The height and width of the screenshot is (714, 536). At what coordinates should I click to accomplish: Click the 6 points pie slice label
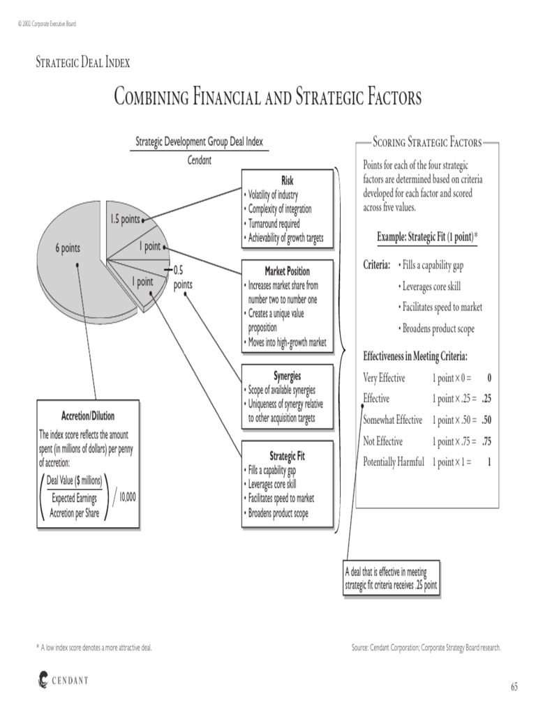[x=68, y=248]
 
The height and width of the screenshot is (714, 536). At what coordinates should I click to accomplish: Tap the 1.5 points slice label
[x=125, y=219]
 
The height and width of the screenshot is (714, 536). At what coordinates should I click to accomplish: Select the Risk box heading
[x=287, y=181]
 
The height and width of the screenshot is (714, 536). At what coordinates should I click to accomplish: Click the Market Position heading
[x=287, y=271]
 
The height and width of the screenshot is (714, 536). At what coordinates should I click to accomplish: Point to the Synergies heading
[x=287, y=376]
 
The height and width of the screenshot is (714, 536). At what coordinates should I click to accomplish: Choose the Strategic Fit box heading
[x=287, y=456]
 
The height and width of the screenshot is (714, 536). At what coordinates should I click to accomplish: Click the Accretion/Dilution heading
[x=88, y=416]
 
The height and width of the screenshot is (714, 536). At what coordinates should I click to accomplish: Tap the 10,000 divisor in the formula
[x=127, y=496]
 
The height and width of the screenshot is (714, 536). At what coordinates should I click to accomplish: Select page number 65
[x=514, y=687]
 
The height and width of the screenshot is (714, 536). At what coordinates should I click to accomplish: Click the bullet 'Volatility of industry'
[x=273, y=195]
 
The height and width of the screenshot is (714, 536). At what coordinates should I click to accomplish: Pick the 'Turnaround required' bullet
[x=274, y=224]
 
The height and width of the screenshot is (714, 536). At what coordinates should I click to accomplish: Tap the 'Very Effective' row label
[x=384, y=378]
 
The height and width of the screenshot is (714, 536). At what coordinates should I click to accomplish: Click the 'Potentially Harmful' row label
[x=394, y=462]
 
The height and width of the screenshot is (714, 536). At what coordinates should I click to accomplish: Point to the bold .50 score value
[x=486, y=420]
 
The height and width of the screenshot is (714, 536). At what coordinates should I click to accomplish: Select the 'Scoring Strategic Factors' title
[x=427, y=142]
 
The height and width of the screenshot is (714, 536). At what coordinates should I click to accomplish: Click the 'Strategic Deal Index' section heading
[x=83, y=62]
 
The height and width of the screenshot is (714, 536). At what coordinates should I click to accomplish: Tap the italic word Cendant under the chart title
[x=199, y=160]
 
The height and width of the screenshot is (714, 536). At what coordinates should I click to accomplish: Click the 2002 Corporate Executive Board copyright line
[x=47, y=24]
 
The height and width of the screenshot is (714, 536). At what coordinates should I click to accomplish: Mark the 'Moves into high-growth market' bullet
[x=285, y=342]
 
